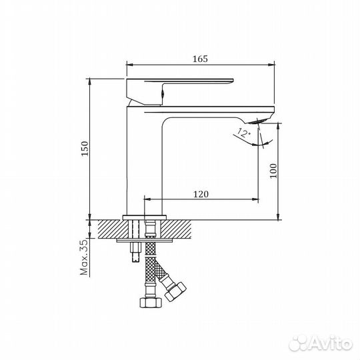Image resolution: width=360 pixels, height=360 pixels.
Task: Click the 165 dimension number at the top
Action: (x=201, y=59)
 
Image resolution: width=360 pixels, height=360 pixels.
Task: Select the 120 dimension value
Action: (x=201, y=194)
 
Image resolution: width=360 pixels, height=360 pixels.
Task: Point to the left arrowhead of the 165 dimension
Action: (x=129, y=65)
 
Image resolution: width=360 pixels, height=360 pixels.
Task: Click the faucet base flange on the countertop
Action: (x=146, y=216)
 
